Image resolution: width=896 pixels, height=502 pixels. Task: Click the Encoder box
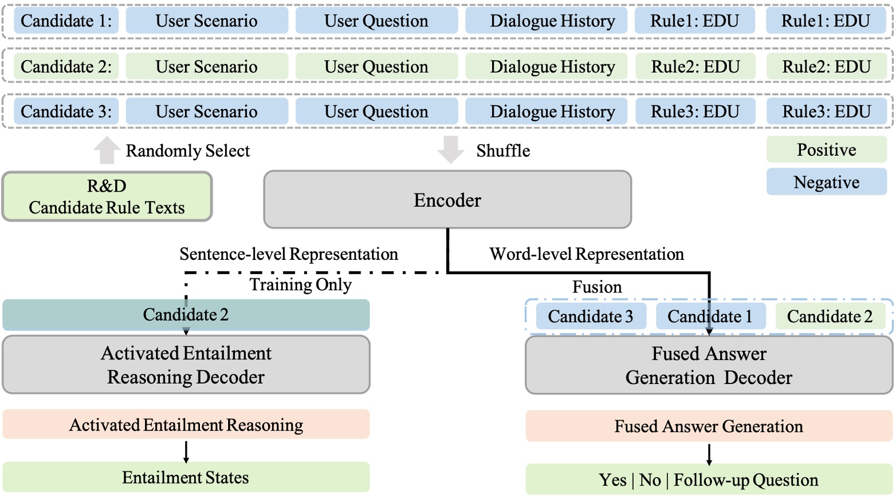(x=447, y=200)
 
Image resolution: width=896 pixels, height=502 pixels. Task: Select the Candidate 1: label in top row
(x=66, y=21)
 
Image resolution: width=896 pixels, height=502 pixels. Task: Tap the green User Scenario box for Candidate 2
(x=207, y=67)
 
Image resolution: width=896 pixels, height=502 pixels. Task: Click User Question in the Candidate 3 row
(x=376, y=112)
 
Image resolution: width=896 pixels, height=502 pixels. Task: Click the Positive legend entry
(x=826, y=150)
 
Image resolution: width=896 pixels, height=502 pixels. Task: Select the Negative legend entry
(x=826, y=183)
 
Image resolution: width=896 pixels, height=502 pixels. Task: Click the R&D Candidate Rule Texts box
(x=107, y=197)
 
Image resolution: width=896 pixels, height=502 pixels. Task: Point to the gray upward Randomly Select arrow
(x=107, y=151)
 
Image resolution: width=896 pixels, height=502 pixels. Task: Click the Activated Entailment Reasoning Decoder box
(x=186, y=365)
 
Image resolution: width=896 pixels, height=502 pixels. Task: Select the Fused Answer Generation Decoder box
(x=709, y=366)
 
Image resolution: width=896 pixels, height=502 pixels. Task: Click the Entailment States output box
(x=186, y=477)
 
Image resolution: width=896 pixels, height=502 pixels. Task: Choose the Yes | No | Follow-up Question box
(x=709, y=480)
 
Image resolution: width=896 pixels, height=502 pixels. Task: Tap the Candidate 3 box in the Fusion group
(x=591, y=317)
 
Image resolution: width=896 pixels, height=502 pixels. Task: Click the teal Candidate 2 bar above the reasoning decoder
(x=186, y=315)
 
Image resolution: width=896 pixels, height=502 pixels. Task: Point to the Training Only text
(x=300, y=284)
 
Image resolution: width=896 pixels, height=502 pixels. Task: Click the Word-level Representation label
(x=587, y=254)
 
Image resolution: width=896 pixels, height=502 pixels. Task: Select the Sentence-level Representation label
(x=289, y=254)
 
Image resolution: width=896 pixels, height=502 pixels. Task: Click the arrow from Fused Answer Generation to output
(x=709, y=453)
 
